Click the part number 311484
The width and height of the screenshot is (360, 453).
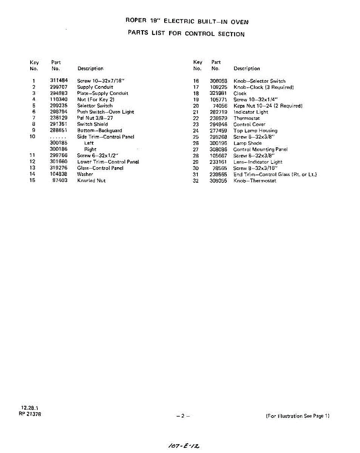58,81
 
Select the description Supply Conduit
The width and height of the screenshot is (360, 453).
95,87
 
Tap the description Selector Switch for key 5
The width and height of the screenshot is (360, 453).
95,106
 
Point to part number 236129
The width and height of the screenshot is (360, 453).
58,118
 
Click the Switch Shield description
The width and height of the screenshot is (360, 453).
92,124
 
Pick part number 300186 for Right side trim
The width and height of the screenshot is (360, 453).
58,149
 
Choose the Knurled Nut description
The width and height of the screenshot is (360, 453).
91,180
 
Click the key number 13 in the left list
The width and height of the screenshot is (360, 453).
32,168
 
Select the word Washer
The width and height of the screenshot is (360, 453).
85,174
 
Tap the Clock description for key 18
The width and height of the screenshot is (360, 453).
240,93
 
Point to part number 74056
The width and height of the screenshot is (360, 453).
220,106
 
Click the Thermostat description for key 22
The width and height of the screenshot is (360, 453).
246,118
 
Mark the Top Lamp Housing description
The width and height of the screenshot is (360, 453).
255,131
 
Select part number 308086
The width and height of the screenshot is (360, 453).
218,149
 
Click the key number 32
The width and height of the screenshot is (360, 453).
195,181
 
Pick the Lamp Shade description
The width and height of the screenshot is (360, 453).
247,143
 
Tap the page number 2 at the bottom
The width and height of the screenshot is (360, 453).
182,416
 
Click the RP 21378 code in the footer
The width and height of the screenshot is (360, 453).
30,414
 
